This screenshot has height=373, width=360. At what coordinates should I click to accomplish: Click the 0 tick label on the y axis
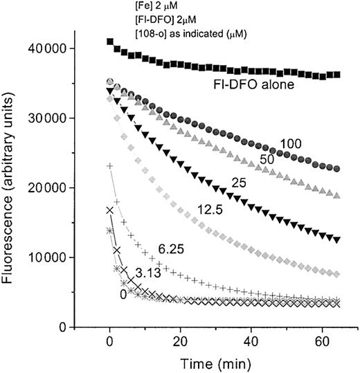click(72, 327)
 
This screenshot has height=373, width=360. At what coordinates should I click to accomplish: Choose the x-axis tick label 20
click(179, 341)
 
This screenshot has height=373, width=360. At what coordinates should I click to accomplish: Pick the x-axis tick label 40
click(250, 341)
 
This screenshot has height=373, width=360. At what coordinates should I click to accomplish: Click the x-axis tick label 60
click(321, 341)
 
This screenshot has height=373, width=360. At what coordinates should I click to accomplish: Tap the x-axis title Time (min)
click(215, 363)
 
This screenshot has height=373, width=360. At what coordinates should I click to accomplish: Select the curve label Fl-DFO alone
click(252, 87)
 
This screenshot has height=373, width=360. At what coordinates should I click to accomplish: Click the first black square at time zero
click(110, 42)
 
